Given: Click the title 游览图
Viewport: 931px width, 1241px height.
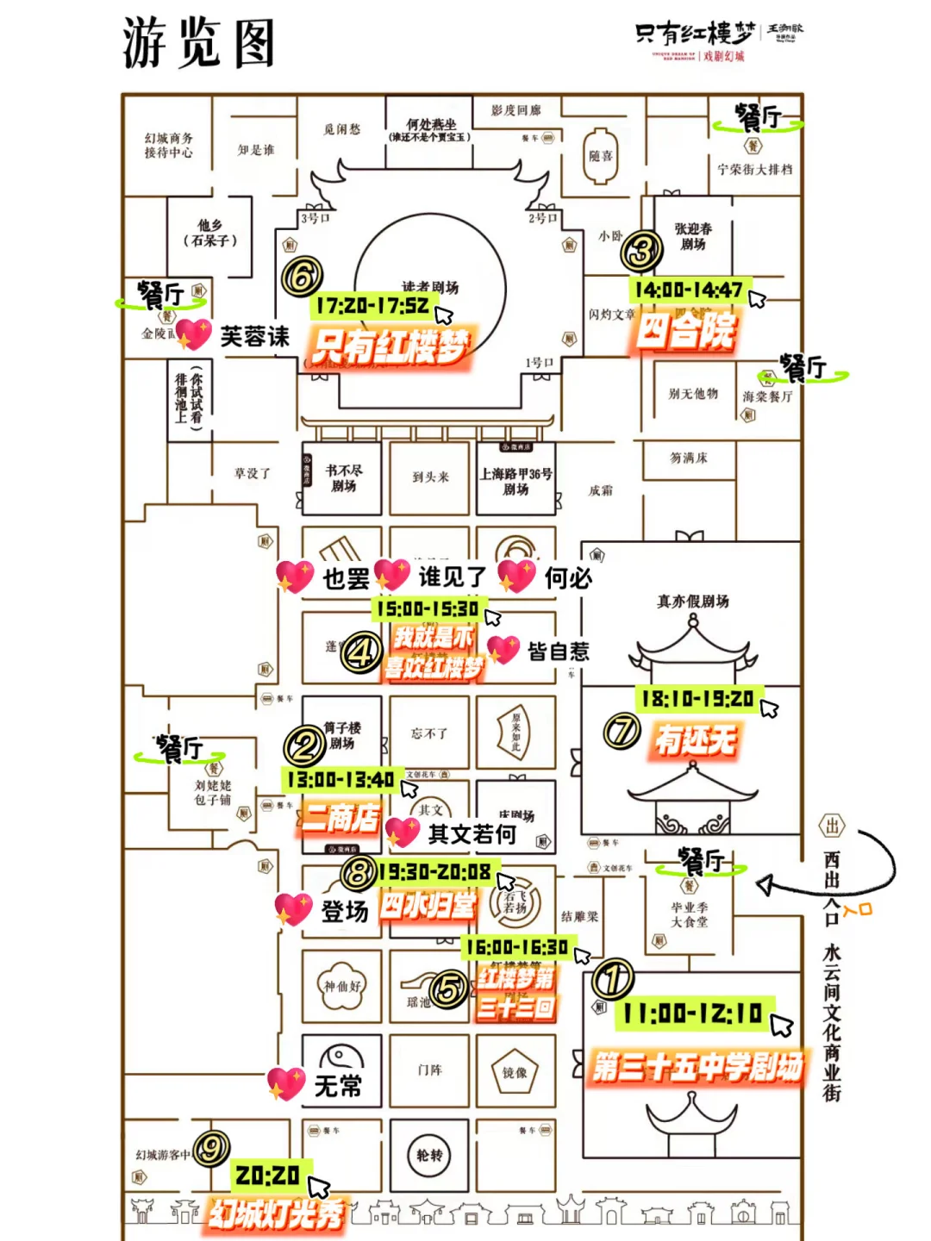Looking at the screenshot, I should click(x=199, y=43).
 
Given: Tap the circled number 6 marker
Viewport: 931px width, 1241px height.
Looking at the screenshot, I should click(x=302, y=277).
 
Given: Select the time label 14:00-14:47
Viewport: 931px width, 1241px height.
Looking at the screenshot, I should click(x=689, y=290).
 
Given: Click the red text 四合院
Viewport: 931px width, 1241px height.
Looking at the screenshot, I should click(x=686, y=331).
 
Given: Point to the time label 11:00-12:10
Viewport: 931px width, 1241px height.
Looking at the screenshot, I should click(x=693, y=1013).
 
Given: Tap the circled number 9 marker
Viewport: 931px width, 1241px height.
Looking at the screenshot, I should click(x=211, y=1148).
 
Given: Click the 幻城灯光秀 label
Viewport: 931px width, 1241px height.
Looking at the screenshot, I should click(x=276, y=1214).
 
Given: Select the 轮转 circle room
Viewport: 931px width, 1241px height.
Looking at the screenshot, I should click(x=429, y=1156).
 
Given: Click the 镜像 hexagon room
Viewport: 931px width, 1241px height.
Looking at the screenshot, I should click(x=515, y=1072).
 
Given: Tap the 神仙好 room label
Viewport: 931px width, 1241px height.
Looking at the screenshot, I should click(x=342, y=986).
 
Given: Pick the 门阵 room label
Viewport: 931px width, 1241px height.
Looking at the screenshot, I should click(x=429, y=1070).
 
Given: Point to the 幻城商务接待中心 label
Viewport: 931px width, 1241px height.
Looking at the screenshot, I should click(x=169, y=146).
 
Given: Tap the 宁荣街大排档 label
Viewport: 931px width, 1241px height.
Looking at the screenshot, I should click(x=754, y=170).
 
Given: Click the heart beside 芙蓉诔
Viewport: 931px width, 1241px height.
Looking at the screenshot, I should click(x=194, y=334).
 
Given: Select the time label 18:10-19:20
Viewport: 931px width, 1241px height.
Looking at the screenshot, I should click(x=697, y=699).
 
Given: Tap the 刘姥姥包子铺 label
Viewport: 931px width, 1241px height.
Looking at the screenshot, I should click(x=212, y=793).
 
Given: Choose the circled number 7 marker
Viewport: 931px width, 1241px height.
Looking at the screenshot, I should click(x=622, y=732).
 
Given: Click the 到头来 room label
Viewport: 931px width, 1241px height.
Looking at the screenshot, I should click(x=430, y=477).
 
